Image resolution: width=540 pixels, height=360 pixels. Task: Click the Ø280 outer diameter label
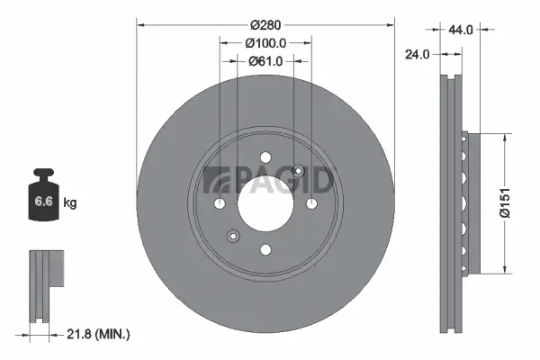(x=265, y=24)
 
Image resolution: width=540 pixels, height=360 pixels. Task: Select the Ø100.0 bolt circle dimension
(x=265, y=42)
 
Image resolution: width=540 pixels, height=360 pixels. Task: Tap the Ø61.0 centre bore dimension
(x=265, y=61)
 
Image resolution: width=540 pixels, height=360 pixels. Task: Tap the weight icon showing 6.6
(x=43, y=199)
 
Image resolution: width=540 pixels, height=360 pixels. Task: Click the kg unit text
(x=70, y=203)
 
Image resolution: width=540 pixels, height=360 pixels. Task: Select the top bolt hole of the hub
(x=265, y=160)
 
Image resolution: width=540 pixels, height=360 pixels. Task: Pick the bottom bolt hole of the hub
(x=265, y=250)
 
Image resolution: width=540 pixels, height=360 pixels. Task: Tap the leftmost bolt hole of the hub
(x=220, y=205)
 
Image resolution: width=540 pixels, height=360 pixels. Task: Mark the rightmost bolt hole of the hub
(x=310, y=205)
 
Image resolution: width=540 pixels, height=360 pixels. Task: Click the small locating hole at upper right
(x=298, y=173)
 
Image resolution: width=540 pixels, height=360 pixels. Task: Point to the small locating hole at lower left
(x=233, y=238)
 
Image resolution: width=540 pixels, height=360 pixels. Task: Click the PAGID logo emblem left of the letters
(x=216, y=180)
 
